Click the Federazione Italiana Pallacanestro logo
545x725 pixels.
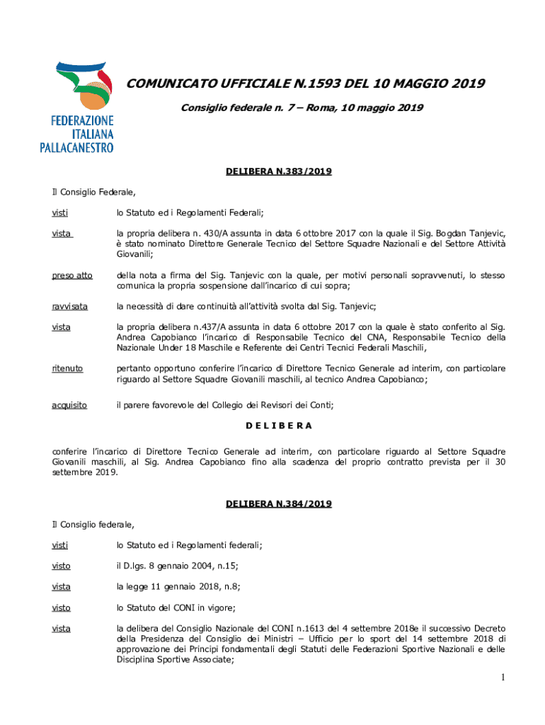tap(76, 106)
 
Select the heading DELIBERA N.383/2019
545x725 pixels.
tap(279, 171)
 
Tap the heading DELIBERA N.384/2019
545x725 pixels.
tap(279, 503)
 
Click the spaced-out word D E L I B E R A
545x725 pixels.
tap(279, 426)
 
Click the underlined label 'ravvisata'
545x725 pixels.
tap(69, 306)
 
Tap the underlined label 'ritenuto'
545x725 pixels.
tap(67, 368)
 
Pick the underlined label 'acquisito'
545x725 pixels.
tap(69, 404)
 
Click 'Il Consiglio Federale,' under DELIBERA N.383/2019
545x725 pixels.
tap(93, 191)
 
